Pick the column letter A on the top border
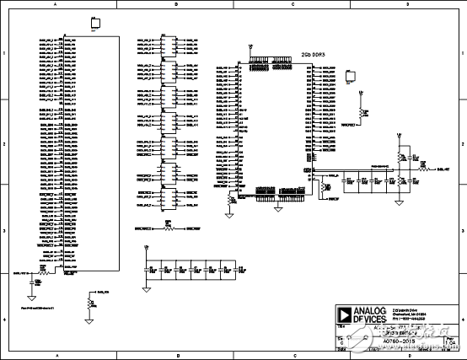pyautogui.click(x=56, y=5)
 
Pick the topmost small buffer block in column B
pyautogui.click(x=167, y=47)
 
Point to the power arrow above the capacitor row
pyautogui.click(x=147, y=248)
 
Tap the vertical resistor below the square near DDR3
pyautogui.click(x=363, y=110)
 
